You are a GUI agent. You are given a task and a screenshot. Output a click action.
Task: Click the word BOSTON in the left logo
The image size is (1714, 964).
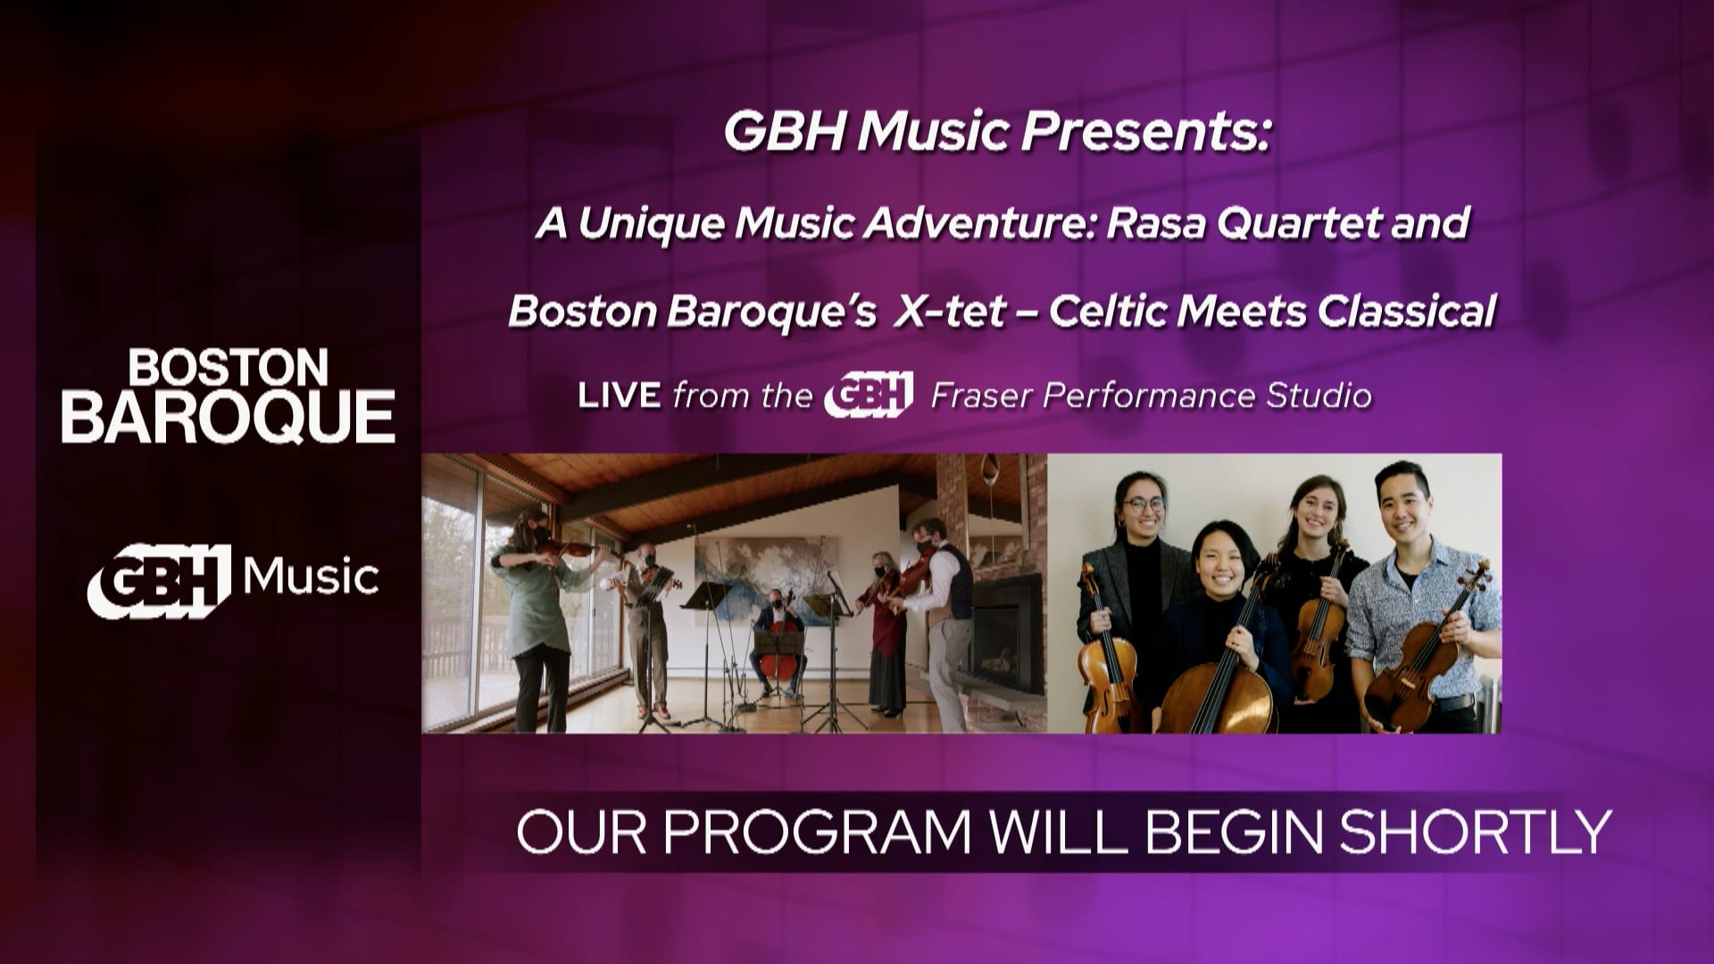[229, 367]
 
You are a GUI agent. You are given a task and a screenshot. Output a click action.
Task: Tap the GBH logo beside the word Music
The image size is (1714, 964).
[160, 581]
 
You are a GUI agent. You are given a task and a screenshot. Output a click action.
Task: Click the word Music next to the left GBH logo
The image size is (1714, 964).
[311, 578]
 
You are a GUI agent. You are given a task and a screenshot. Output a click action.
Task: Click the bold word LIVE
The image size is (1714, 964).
[620, 395]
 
